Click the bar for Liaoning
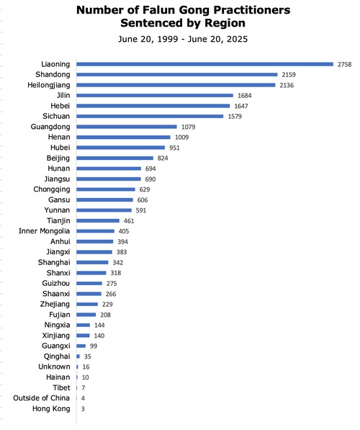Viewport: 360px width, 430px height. pyautogui.click(x=204, y=64)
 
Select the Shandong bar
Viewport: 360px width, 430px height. pyautogui.click(x=177, y=75)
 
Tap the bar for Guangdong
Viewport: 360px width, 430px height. pyautogui.click(x=127, y=127)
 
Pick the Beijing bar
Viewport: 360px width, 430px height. pyautogui.click(x=115, y=158)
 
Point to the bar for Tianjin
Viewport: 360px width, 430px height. pyautogui.click(x=98, y=220)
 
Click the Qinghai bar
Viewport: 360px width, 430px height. pyautogui.click(x=78, y=357)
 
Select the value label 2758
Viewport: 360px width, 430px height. pyautogui.click(x=344, y=64)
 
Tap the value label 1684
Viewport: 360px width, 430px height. pyautogui.click(x=245, y=96)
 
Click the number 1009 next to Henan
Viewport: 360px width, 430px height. pyautogui.click(x=181, y=138)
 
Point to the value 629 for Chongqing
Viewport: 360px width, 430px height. pyautogui.click(x=145, y=189)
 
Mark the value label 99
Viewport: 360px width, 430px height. pyautogui.click(x=94, y=346)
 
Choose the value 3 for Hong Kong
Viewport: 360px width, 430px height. pyautogui.click(x=83, y=409)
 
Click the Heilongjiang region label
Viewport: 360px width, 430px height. pyautogui.click(x=49, y=85)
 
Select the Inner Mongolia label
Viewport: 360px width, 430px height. pyautogui.click(x=44, y=231)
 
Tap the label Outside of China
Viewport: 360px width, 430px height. pyautogui.click(x=42, y=398)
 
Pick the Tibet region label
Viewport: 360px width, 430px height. pyautogui.click(x=61, y=388)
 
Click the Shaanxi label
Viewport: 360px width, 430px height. pyautogui.click(x=56, y=294)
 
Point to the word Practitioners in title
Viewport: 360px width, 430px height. pyautogui.click(x=252, y=10)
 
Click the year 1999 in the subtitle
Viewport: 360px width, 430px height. pyautogui.click(x=168, y=39)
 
